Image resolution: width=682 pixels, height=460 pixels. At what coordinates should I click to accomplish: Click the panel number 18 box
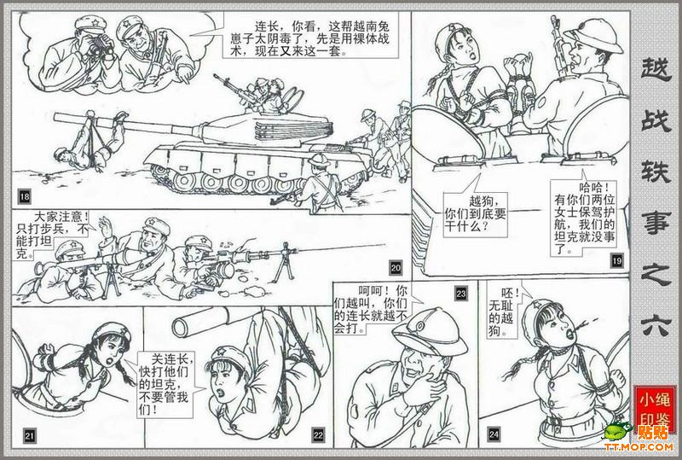(x=25, y=197)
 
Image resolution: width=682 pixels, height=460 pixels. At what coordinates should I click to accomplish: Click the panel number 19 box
(x=616, y=261)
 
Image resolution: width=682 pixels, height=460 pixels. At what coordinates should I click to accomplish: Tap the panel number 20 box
(x=396, y=267)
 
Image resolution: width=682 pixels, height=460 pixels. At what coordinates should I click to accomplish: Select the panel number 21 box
(x=29, y=435)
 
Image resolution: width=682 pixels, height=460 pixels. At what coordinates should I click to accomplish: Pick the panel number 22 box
(x=318, y=434)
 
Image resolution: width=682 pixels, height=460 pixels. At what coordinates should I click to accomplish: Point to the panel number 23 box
(x=461, y=294)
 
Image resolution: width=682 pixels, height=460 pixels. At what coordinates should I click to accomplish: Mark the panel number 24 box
(x=494, y=434)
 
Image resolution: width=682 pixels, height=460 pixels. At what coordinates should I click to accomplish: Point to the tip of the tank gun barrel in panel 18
(x=55, y=117)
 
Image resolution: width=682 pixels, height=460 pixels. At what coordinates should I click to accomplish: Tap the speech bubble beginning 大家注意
(x=51, y=234)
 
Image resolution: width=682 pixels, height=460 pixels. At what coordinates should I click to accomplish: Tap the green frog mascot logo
(x=616, y=430)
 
